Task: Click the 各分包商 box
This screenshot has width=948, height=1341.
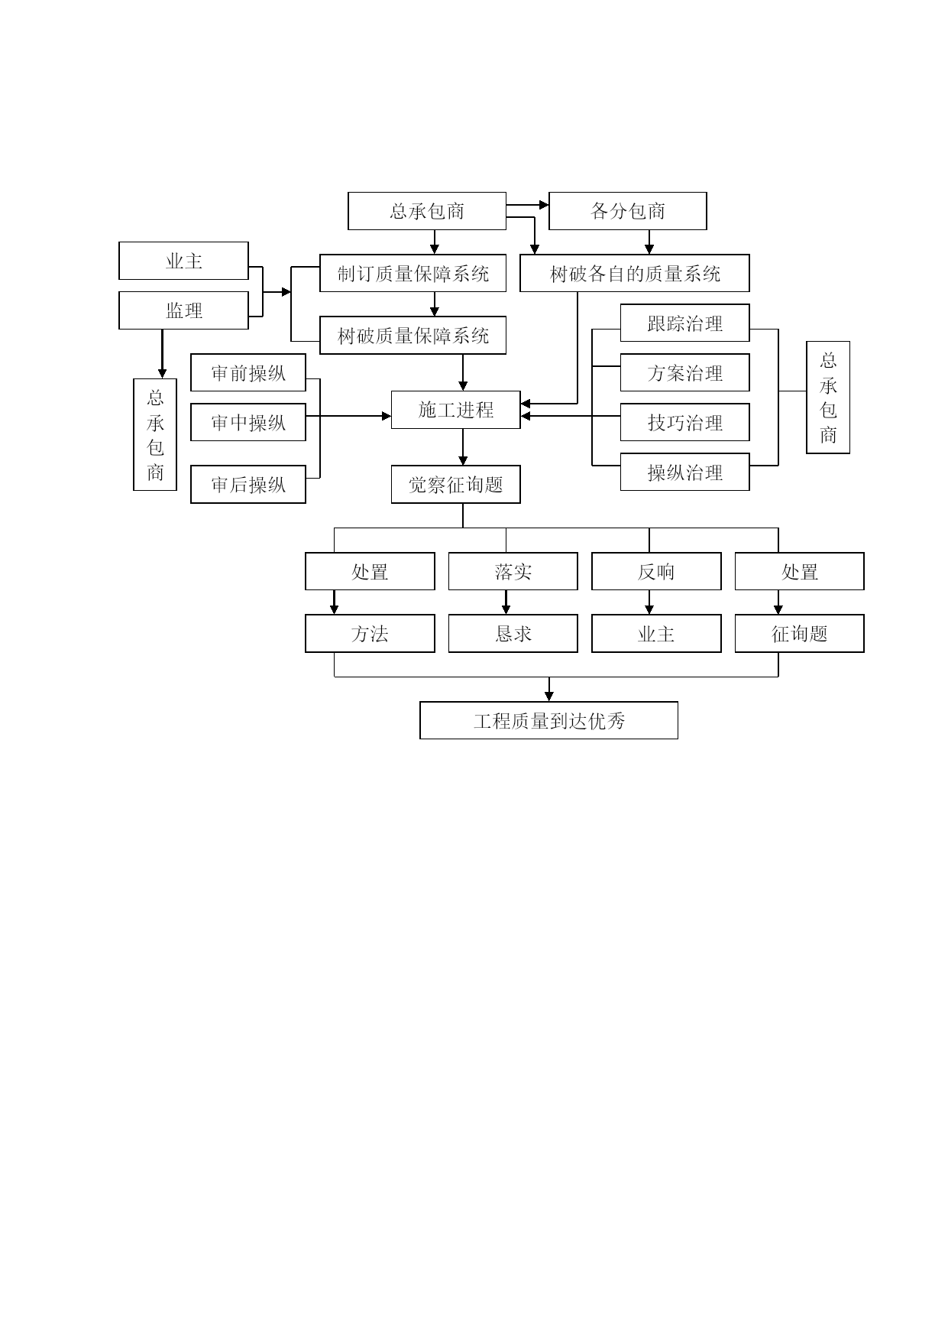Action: [627, 211]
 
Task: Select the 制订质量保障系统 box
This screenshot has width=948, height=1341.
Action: [413, 273]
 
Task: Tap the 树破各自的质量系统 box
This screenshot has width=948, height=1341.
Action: [634, 273]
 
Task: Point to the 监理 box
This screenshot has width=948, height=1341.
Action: [183, 310]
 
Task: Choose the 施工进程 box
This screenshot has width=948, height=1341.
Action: [455, 410]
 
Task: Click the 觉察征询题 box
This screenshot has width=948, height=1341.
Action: [455, 484]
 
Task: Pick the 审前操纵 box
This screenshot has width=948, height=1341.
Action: [248, 372]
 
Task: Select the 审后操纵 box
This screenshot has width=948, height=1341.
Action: [248, 484]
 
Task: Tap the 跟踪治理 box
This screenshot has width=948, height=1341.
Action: [684, 323]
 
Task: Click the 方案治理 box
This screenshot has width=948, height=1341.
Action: [684, 372]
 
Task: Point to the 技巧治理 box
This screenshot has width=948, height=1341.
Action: [684, 422]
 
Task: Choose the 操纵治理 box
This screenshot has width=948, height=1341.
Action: [684, 472]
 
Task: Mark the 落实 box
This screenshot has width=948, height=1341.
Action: [513, 571]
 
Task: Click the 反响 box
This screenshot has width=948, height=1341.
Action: [656, 571]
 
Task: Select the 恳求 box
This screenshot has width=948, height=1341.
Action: [513, 633]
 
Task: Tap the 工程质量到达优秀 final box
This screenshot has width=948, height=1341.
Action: [548, 720]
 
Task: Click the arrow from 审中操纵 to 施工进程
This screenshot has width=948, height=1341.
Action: [348, 416]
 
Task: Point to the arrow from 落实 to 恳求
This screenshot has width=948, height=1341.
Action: [506, 602]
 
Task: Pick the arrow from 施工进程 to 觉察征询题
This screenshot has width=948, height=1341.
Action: [463, 447]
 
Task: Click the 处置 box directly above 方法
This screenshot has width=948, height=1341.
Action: [370, 571]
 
